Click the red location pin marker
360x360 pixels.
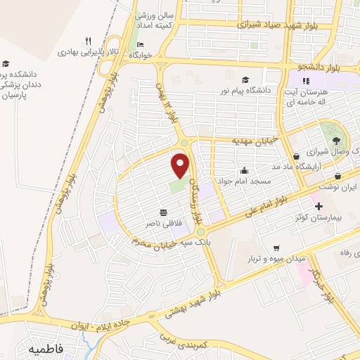coord(181,165)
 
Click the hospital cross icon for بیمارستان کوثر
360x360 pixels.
coord(320,207)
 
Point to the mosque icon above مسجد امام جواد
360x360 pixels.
coord(243,169)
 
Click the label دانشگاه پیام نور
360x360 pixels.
coord(248,91)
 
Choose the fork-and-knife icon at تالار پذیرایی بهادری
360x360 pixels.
coord(87,40)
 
